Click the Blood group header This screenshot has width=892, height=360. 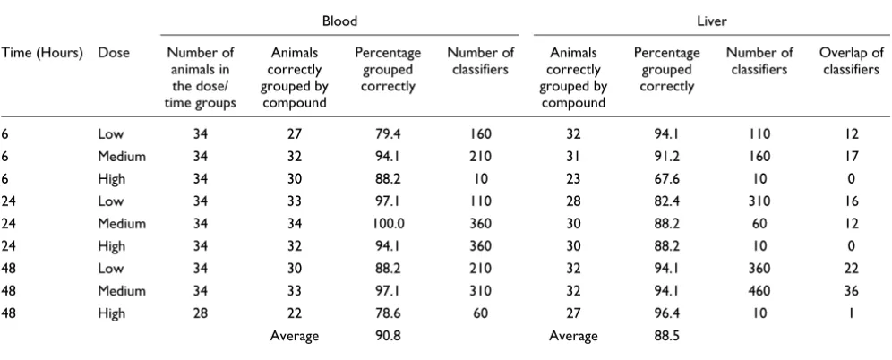(339, 21)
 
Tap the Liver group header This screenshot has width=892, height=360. (711, 21)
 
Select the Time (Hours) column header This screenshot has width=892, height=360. (42, 53)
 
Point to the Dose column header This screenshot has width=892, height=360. (114, 53)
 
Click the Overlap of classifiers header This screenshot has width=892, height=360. (852, 62)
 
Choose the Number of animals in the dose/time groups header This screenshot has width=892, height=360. (201, 79)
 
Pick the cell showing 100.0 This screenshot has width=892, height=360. (389, 224)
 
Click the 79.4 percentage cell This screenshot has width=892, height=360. (388, 134)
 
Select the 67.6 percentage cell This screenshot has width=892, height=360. (666, 178)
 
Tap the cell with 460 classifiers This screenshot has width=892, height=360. (759, 291)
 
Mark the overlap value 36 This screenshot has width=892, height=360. (852, 291)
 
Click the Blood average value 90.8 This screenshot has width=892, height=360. (388, 336)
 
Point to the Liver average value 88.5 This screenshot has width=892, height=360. (666, 336)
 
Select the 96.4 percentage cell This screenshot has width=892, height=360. (666, 313)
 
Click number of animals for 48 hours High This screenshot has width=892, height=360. (201, 313)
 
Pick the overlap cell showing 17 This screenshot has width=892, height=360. (852, 157)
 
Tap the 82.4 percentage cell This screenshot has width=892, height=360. (666, 201)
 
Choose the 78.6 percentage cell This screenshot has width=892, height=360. (388, 313)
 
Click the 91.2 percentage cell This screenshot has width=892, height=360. (666, 157)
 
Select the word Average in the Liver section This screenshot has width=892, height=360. (573, 336)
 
